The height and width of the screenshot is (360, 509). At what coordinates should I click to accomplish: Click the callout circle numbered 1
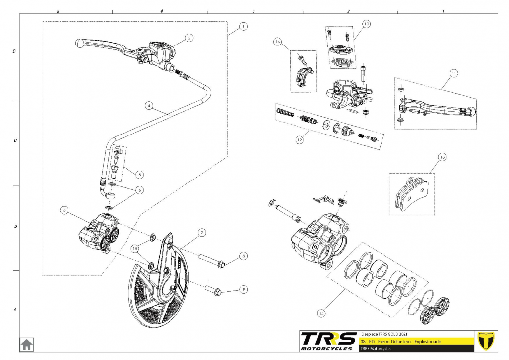[242, 27]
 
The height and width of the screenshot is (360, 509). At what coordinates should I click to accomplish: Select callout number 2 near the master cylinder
[189, 37]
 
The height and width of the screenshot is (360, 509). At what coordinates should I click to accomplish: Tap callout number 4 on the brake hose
[149, 105]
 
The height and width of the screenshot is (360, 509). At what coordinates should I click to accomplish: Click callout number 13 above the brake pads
[442, 158]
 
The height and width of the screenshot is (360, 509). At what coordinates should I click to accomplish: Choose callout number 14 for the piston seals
[322, 313]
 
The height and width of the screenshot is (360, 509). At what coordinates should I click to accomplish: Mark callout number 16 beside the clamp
[278, 43]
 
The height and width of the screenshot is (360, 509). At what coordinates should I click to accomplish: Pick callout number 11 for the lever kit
[453, 73]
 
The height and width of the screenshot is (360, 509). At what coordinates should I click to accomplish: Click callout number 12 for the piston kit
[299, 140]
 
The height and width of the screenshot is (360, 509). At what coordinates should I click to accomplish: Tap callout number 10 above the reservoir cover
[366, 23]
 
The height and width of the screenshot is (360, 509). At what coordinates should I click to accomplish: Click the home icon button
[26, 344]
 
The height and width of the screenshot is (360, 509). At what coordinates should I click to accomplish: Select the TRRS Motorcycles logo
[329, 341]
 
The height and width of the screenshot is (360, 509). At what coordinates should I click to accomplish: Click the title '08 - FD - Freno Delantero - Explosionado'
[404, 341]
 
